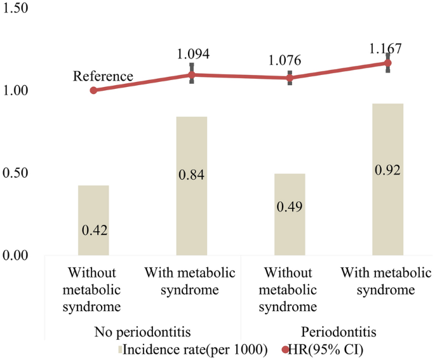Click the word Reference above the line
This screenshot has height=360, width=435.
[103, 77]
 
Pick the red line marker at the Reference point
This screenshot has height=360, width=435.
[93, 90]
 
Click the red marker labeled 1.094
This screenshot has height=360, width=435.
[192, 75]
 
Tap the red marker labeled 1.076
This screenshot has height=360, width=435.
[290, 78]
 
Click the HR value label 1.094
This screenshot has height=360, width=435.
[192, 54]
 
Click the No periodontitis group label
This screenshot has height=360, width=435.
[142, 333]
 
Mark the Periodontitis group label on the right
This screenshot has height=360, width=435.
[338, 333]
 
